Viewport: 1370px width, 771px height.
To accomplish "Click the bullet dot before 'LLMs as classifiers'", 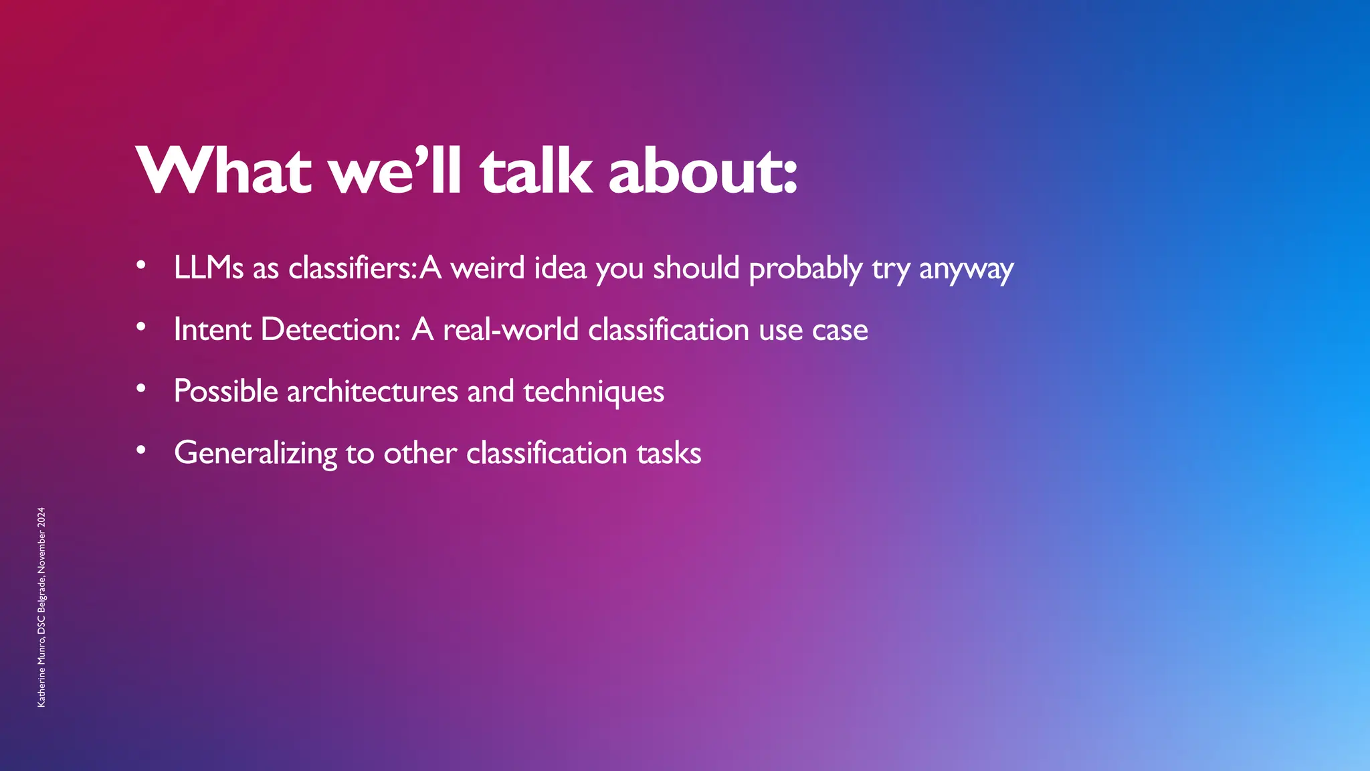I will (140, 266).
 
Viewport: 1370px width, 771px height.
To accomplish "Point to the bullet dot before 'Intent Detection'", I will (140, 327).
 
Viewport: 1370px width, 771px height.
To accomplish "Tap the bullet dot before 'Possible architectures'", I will (140, 389).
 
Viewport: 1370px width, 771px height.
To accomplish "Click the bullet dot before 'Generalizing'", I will (140, 450).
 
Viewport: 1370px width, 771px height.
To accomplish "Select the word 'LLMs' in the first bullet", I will (209, 268).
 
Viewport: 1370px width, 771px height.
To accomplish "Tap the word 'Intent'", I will (212, 329).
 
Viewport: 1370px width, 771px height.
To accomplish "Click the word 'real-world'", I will (510, 329).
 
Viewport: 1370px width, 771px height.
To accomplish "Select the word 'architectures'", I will (373, 391).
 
